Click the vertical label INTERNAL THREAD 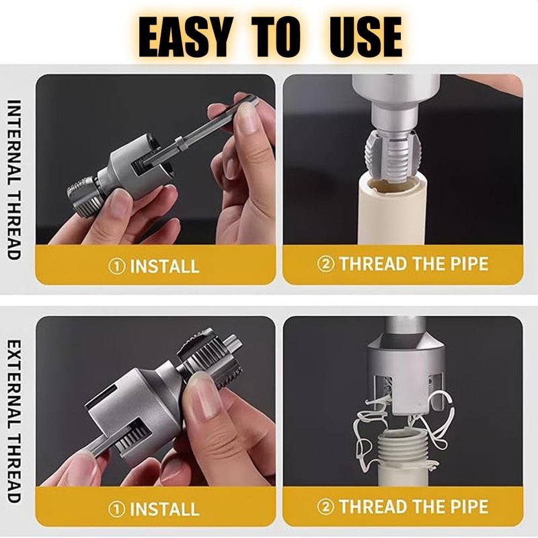pos(14,180)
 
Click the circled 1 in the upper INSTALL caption pos(116,266)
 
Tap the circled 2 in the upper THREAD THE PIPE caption pos(325,264)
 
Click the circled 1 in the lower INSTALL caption pos(116,509)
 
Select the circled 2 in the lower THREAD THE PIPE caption pos(325,506)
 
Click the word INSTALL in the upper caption pos(165,266)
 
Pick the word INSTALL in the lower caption pos(165,509)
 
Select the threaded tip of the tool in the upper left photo pos(82,196)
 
